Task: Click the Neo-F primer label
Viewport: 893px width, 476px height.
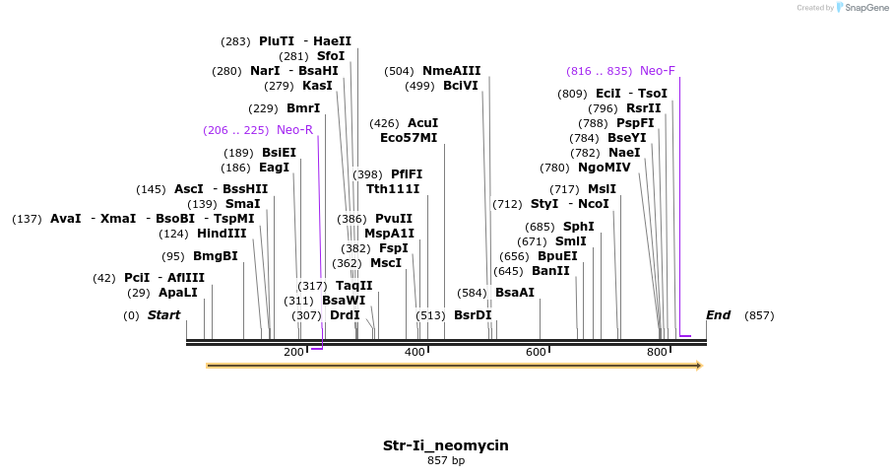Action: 657,71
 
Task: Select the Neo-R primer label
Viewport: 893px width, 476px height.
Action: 294,130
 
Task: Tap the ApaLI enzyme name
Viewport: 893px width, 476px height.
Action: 178,293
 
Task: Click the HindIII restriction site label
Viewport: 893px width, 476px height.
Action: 222,234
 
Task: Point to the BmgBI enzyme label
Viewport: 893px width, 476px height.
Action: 215,256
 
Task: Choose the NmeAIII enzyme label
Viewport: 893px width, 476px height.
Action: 451,71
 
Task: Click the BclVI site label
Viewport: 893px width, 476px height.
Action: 460,86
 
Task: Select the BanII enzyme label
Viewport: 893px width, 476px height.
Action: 550,271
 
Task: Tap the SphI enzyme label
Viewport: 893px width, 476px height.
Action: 578,227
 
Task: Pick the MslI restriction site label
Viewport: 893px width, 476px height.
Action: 602,189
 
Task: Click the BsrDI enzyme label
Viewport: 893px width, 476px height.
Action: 473,315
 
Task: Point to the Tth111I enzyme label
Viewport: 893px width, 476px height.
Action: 393,189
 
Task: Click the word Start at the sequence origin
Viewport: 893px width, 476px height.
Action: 164,315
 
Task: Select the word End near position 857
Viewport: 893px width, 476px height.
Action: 718,315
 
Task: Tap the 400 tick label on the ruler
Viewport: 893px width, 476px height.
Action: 415,352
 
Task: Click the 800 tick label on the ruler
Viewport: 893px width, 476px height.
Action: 657,352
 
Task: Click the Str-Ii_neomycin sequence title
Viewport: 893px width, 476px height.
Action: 446,445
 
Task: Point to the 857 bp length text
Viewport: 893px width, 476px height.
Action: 446,460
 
